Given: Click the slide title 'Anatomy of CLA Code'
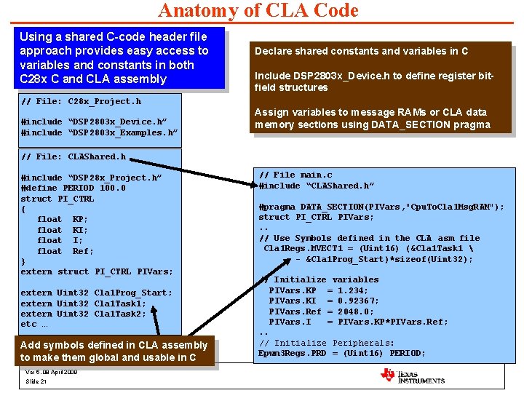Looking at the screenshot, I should point(258,11).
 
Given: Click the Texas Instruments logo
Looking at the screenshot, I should point(412,375).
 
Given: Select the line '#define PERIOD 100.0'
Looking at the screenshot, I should point(74,188).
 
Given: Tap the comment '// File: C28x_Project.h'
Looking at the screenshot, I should point(82,101).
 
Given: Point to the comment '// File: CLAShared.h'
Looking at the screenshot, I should point(74,156).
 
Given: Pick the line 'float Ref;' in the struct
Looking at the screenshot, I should point(65,251).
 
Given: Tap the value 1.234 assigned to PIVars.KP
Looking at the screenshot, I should point(353,290).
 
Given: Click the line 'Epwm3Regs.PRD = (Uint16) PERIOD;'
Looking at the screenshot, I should point(342,354).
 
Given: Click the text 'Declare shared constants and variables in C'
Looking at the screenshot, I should point(361,51).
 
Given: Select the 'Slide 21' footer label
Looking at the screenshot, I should point(36,382).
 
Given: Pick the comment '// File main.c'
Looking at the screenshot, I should point(295,175).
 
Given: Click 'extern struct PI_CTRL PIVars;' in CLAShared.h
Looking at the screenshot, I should point(97,271).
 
